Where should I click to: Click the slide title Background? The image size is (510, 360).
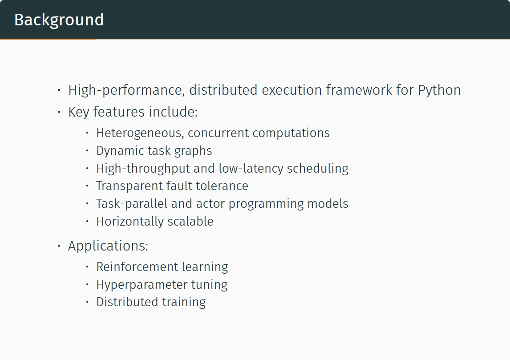59,20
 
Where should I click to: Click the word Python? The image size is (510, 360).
439,90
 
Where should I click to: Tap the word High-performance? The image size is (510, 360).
126,90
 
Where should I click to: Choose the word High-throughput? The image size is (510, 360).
143,169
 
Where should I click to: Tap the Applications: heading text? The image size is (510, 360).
108,246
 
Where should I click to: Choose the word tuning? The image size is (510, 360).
209,285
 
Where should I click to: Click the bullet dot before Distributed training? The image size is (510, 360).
87,302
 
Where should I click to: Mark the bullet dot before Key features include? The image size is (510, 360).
59,112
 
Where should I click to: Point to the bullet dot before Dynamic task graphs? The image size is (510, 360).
87,151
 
